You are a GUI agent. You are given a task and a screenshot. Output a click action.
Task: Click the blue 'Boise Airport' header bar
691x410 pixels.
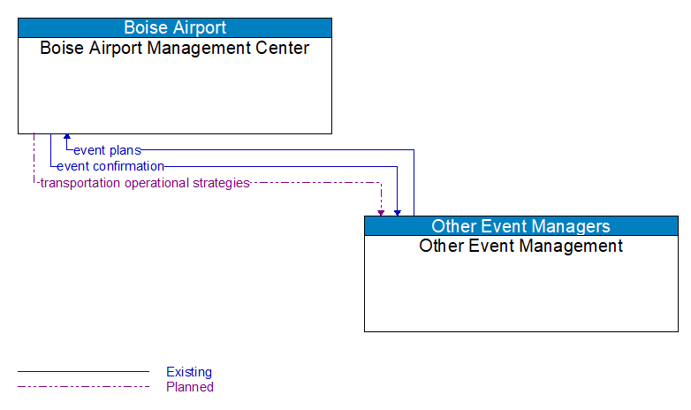[175, 27]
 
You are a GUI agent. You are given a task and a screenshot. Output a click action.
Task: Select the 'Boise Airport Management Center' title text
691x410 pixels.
[175, 48]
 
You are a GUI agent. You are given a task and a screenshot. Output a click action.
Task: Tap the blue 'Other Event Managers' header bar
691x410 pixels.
[520, 226]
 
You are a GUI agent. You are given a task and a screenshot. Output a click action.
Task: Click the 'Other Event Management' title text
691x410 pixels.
[520, 246]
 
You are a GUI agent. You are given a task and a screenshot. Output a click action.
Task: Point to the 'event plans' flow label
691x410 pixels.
[107, 150]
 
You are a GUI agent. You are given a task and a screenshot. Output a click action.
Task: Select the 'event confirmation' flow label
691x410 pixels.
[110, 166]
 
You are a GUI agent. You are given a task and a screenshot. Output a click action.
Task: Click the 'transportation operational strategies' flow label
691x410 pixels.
[144, 183]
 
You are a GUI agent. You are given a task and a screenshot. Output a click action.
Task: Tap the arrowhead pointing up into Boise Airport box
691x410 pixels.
[66, 138]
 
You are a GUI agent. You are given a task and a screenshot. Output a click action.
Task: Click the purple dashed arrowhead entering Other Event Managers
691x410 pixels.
[381, 212]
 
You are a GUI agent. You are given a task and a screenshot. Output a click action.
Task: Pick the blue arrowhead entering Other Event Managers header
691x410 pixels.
[398, 212]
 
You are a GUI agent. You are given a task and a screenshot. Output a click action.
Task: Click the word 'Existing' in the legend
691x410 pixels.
[189, 372]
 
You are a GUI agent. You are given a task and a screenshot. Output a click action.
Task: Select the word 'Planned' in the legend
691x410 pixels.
[190, 387]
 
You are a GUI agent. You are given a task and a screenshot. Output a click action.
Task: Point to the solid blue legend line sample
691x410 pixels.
[83, 372]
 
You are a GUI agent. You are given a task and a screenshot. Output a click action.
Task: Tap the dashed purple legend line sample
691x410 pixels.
[83, 387]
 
